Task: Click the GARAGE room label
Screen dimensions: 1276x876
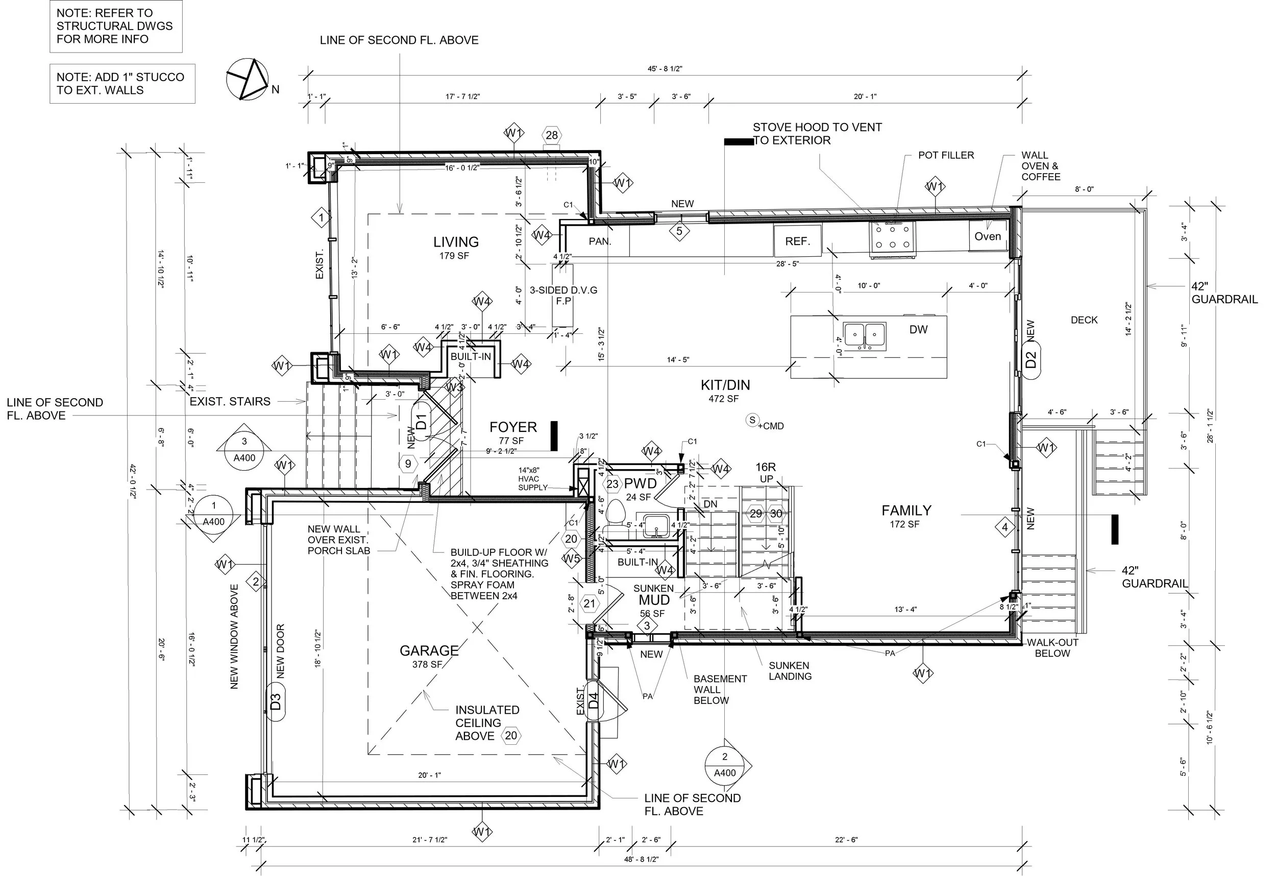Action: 429,651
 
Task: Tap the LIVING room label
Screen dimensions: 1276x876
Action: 456,242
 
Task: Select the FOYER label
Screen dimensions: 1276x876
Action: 513,427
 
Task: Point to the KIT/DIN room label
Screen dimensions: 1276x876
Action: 725,385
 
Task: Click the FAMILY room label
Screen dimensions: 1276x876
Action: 906,511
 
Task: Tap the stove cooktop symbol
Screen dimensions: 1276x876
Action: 892,239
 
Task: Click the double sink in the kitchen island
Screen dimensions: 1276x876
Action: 864,336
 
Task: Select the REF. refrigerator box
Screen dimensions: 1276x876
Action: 798,240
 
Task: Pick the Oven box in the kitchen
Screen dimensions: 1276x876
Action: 988,236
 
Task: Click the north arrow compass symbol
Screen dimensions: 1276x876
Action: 248,80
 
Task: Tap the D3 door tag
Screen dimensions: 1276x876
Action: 276,701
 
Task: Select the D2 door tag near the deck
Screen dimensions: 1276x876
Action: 1031,360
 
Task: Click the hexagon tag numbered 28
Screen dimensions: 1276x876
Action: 552,135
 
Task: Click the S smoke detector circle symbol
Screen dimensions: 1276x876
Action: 752,420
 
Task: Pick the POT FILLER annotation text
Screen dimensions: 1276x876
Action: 946,155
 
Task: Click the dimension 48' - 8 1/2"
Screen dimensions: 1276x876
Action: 641,860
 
